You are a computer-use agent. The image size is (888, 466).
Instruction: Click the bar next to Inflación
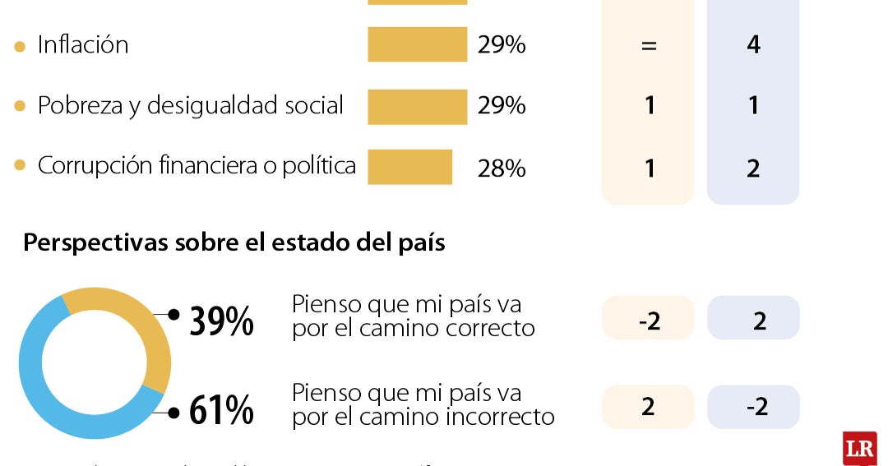417,44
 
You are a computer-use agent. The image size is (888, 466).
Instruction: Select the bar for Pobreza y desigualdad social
417,107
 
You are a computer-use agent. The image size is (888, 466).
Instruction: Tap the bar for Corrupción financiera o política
409,167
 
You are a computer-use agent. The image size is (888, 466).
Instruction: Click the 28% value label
501,168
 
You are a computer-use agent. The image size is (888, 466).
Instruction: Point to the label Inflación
83,44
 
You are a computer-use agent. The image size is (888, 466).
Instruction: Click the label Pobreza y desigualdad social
190,106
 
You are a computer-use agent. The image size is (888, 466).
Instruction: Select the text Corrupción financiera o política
197,165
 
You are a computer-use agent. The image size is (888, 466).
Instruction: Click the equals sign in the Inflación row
649,46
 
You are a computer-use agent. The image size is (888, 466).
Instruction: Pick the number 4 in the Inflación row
753,44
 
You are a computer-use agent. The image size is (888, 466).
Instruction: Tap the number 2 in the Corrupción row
753,168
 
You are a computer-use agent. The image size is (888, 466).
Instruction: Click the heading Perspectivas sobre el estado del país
234,243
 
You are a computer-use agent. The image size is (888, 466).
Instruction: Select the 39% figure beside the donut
221,321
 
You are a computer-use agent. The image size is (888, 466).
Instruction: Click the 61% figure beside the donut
221,411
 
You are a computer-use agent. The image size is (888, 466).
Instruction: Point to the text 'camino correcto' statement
414,316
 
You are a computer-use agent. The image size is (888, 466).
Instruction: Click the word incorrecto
500,417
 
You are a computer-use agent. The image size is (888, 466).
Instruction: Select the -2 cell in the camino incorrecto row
753,407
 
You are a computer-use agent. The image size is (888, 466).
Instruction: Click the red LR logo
859,448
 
